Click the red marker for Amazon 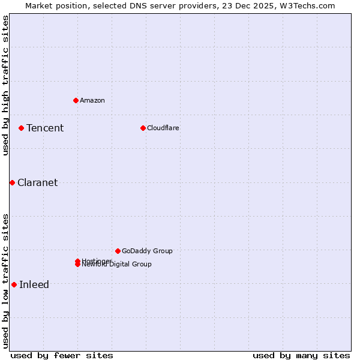coord(76,100)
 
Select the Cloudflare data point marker coord(143,128)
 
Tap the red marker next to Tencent coord(21,128)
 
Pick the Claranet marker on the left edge coord(12,182)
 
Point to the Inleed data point coord(14,284)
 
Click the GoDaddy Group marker coord(118,251)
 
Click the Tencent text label coord(45,128)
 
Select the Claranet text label coord(38,183)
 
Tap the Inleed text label coord(34,285)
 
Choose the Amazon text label coord(92,100)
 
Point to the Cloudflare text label coord(163,128)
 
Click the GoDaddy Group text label coord(147,251)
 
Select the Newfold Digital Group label coord(117,265)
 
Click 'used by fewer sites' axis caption coord(62,355)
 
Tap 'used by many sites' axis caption coord(301,355)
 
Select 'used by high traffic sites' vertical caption coord(5,85)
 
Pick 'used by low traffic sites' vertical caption coord(5,280)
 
